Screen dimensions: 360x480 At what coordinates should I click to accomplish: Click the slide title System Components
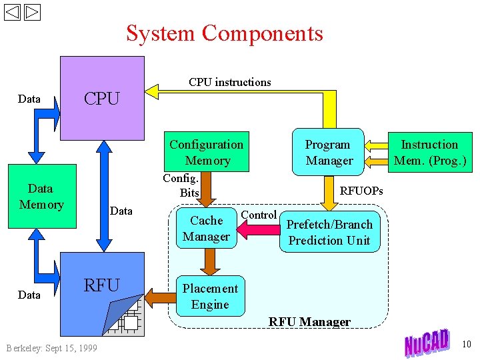[225, 33]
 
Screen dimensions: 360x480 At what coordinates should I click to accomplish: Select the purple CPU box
[102, 98]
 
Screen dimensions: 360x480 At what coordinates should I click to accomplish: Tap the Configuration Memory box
[207, 152]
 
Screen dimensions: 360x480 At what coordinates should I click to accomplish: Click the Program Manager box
[329, 153]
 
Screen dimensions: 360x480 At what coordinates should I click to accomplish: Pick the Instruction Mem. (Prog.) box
[429, 152]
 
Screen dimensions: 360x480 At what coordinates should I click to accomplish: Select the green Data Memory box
[41, 197]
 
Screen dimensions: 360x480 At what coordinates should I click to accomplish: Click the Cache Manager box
[206, 229]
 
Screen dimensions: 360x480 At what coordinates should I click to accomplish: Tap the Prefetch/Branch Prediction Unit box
[329, 233]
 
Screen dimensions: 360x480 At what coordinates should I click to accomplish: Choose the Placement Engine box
[210, 297]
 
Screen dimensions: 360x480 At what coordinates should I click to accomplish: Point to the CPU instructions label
[229, 82]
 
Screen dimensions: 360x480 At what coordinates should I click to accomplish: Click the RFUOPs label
[361, 191]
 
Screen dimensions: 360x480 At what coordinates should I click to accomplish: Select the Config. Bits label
[181, 185]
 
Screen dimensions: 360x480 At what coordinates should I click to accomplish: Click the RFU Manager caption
[309, 322]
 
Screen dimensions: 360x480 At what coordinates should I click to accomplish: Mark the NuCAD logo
[427, 343]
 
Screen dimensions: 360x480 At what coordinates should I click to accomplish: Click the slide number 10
[466, 344]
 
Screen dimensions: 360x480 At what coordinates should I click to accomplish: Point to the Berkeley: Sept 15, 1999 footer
[51, 348]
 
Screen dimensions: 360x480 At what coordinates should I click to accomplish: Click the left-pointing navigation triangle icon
[13, 12]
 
